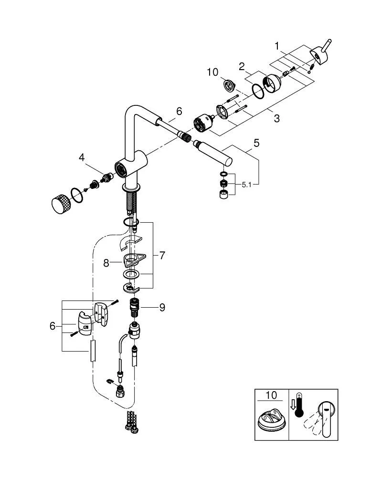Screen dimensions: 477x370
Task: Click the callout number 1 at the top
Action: point(277,47)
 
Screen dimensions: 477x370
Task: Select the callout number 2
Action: point(242,66)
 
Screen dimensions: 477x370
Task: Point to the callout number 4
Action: point(83,157)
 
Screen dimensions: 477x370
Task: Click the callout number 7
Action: point(162,256)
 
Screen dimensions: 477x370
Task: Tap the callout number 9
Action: point(162,308)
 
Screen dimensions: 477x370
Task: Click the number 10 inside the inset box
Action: point(270,395)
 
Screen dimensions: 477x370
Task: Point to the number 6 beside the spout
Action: point(179,112)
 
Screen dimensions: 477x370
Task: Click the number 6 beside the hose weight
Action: point(53,326)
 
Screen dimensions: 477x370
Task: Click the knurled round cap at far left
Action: point(60,204)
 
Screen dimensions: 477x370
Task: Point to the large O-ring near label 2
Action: point(258,92)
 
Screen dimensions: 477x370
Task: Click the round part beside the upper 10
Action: point(229,86)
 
